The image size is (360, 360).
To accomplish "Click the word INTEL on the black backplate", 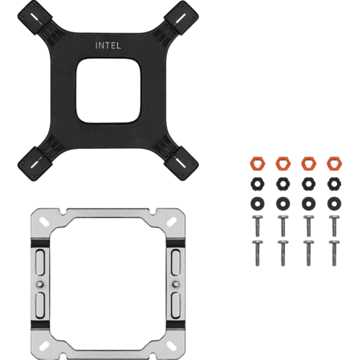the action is [108, 45].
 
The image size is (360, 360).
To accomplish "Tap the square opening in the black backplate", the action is [108, 91].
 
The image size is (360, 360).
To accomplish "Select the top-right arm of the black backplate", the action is [180, 19].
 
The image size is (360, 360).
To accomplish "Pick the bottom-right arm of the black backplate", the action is [180, 164].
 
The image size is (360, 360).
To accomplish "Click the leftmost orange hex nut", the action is [258, 164].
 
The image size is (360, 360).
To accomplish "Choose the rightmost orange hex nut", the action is [334, 164].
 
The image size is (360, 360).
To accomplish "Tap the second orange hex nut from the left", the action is [283, 164].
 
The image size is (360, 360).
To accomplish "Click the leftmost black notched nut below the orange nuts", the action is [258, 184].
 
